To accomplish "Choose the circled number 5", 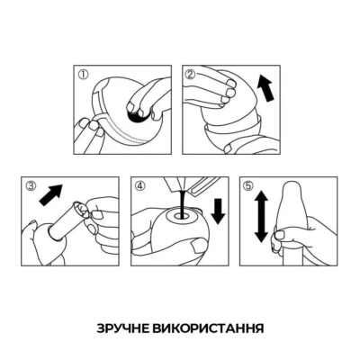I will [x=245, y=188].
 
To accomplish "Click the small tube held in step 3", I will [x=74, y=220].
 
